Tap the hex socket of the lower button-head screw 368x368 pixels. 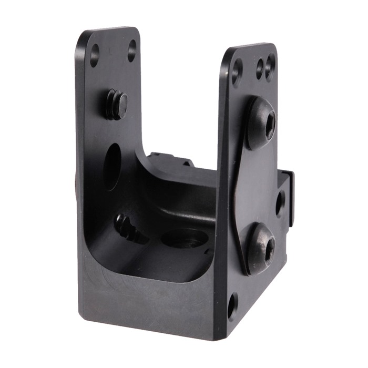point(269,250)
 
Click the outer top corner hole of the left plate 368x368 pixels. point(95,55)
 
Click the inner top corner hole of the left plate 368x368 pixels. point(131,51)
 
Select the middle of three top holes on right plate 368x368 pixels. point(260,68)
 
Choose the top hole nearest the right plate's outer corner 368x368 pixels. point(270,67)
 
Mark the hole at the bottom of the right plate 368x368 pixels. point(232,306)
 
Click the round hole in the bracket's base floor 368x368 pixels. point(183,239)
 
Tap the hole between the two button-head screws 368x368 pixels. point(280,203)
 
